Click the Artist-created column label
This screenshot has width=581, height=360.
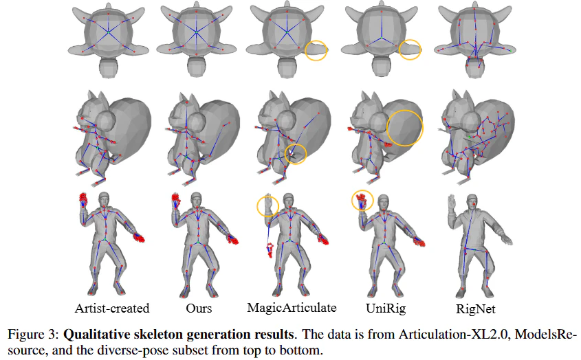coord(112,308)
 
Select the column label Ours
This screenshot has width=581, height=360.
coord(199,308)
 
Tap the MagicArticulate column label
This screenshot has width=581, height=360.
coord(292,308)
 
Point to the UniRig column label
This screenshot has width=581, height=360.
coord(386,308)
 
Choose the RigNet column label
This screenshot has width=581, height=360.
coord(475,308)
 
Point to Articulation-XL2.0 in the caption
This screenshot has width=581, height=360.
coord(454,335)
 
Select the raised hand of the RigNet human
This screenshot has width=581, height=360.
coord(452,203)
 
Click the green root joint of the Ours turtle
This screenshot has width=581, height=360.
coord(197,34)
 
